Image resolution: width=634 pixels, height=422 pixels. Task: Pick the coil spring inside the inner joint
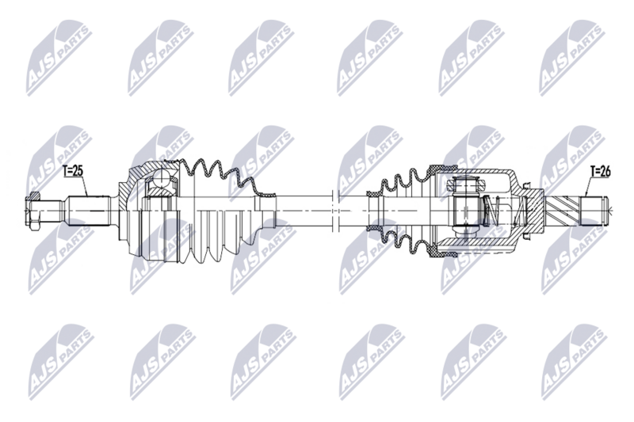(x=491, y=211)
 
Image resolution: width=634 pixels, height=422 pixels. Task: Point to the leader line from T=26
(x=587, y=185)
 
